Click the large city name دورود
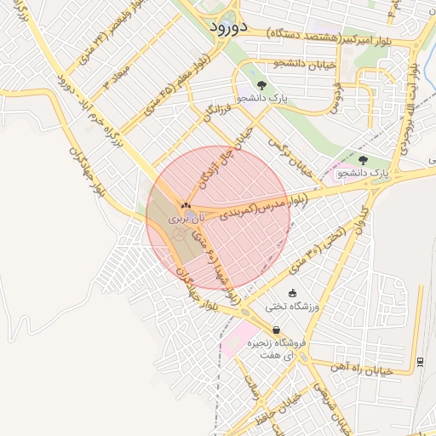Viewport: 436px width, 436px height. (x=227, y=26)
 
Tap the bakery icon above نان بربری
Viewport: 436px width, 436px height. (x=186, y=206)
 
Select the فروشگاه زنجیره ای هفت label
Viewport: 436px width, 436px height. (x=272, y=347)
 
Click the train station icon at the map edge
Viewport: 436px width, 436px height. (x=421, y=361)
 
